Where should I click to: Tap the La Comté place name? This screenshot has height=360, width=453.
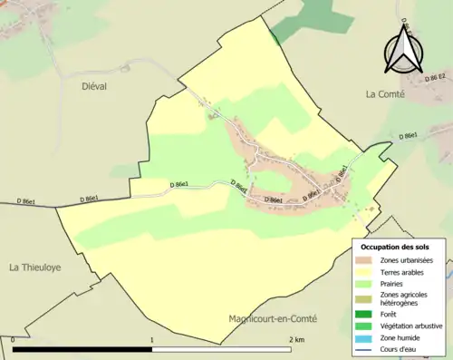390,92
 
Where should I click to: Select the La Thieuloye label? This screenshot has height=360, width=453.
35,268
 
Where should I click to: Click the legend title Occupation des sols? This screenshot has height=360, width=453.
395,247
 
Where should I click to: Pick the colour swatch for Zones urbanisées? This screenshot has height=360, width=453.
367,260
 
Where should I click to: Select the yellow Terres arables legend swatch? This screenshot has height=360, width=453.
367,272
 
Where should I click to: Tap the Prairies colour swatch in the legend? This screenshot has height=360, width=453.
367,283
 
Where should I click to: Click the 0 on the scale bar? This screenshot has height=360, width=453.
13,339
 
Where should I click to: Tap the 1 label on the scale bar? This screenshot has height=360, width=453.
151,339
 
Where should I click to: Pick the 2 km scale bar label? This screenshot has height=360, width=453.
295,339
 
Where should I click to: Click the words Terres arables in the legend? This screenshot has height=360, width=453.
404,272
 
